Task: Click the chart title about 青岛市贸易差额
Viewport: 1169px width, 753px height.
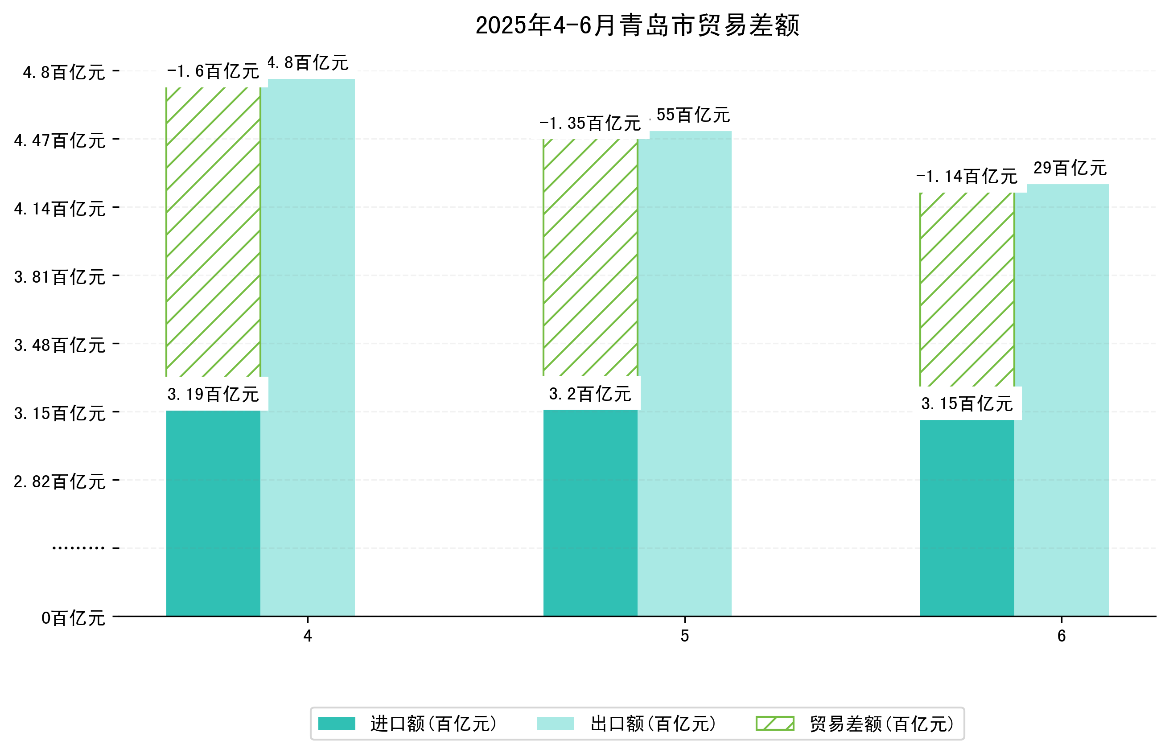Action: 637,25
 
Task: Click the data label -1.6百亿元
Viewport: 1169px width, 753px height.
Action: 213,72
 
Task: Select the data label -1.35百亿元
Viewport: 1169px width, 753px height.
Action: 590,123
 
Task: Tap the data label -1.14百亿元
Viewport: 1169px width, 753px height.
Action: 967,177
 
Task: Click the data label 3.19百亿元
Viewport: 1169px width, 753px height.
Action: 213,395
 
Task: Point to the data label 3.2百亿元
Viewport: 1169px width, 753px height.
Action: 590,394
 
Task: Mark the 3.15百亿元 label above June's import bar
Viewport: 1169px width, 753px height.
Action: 967,404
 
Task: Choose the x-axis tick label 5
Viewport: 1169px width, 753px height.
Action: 684,636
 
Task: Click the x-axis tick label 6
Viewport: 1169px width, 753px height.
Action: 1061,636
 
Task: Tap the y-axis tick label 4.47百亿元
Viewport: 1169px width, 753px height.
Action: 60,141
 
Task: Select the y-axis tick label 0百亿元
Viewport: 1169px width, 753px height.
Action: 73,618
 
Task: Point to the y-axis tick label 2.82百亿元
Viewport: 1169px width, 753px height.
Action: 60,481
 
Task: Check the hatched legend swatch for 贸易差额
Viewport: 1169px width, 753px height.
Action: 774,723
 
